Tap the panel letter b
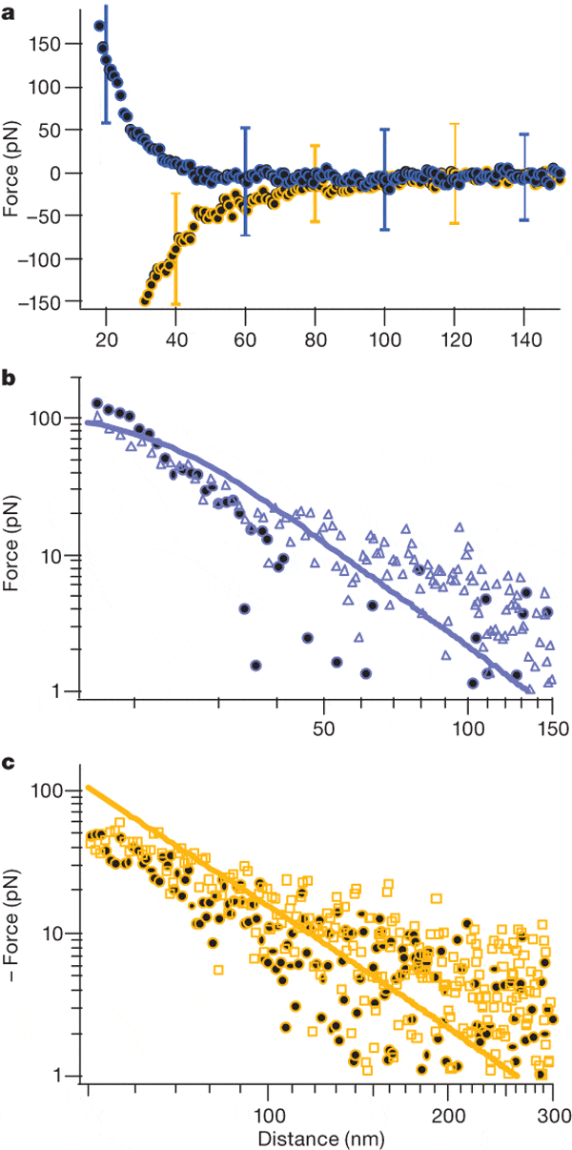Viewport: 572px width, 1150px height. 10,380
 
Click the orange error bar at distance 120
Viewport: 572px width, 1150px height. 455,172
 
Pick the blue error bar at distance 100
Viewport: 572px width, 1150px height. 385,178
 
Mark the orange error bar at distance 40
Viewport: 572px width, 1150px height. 175,249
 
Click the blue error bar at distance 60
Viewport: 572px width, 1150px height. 246,181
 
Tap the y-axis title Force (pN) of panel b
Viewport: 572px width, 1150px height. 12,555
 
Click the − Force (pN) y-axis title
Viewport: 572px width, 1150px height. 12,935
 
